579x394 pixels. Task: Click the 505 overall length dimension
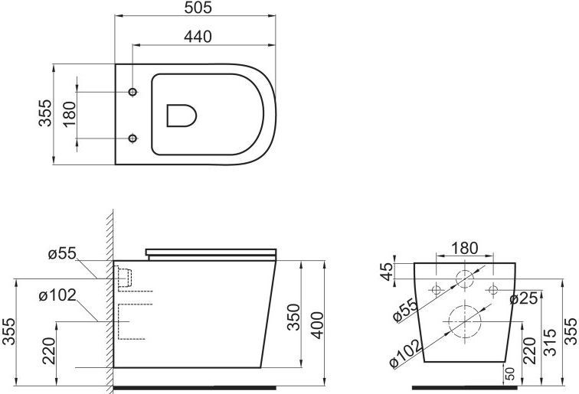click(198, 8)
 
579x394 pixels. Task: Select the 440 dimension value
click(198, 35)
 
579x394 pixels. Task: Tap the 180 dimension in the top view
click(69, 115)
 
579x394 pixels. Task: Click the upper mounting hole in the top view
click(133, 92)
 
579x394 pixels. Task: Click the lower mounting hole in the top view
click(133, 138)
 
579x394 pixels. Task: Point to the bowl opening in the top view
click(181, 116)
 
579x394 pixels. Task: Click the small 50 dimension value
click(509, 373)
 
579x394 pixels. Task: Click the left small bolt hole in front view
click(437, 290)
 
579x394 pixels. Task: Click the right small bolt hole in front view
click(492, 290)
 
